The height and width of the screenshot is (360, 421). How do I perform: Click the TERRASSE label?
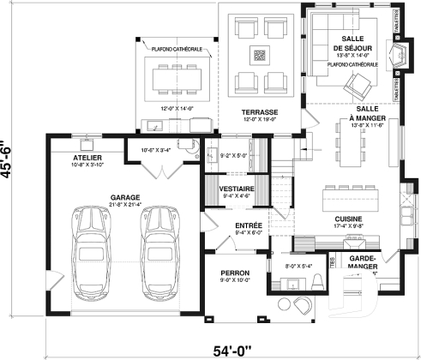(x=258, y=112)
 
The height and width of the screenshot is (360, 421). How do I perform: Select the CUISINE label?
(x=346, y=219)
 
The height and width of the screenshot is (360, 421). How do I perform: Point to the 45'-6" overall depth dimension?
(x=10, y=160)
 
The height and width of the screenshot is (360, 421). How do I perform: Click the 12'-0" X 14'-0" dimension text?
(x=177, y=109)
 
